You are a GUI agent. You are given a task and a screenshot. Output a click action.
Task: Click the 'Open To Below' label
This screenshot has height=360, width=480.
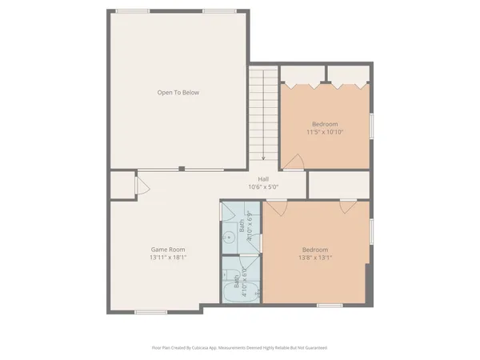pos(178,93)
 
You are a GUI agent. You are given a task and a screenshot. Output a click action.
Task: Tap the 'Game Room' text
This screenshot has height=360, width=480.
pos(163,249)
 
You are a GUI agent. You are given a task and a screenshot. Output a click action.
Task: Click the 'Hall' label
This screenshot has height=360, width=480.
pos(262,178)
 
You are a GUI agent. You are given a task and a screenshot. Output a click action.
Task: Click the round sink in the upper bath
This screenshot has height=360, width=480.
pos(226,237)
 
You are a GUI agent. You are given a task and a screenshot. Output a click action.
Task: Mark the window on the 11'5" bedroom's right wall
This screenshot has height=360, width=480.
pos(371,126)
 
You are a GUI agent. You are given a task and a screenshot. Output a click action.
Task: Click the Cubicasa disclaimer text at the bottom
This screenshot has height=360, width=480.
pos(239,348)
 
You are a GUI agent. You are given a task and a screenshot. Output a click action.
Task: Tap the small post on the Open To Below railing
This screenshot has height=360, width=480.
pos(182,168)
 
